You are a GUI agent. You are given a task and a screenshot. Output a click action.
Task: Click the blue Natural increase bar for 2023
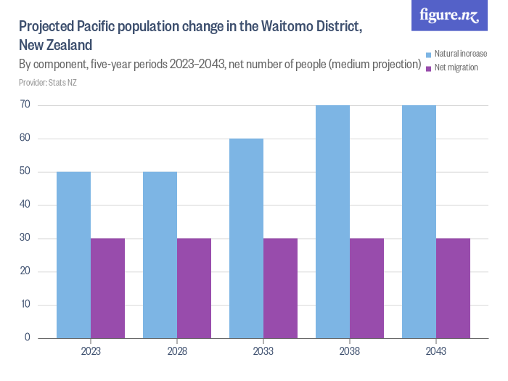(73, 255)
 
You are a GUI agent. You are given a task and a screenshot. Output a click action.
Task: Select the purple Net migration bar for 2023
(107, 288)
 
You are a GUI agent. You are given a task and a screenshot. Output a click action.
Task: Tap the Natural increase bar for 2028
(160, 255)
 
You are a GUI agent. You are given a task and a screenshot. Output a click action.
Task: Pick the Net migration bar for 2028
(194, 288)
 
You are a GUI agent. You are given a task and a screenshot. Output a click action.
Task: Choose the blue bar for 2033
(246, 238)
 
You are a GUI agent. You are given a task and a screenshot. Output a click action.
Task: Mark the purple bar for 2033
(280, 288)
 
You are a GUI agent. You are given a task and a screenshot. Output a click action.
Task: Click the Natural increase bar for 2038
(332, 221)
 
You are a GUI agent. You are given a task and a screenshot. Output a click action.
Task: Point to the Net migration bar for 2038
(366, 288)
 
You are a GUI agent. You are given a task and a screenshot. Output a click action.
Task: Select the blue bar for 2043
(419, 221)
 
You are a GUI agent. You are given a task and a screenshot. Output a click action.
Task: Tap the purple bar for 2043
(453, 288)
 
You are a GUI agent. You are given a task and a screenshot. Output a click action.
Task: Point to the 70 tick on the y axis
(25, 105)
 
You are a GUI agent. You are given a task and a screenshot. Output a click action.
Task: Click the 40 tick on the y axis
(25, 205)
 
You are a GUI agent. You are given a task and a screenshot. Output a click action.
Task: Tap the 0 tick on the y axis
(27, 337)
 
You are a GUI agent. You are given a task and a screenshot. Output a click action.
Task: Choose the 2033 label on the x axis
(263, 351)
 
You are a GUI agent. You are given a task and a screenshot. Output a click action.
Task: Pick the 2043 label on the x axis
(436, 351)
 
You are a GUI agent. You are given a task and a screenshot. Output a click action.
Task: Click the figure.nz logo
(449, 15)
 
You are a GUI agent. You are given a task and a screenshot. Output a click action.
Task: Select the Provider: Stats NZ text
(48, 83)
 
